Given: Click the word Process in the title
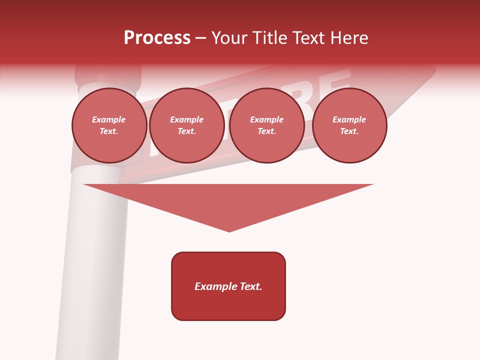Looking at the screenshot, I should click(x=157, y=37).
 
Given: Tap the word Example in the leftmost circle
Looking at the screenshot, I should click(x=109, y=119).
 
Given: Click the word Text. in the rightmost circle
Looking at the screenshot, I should click(x=349, y=131).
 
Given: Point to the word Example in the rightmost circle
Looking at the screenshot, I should click(x=349, y=119).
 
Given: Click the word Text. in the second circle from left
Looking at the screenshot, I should click(x=187, y=131).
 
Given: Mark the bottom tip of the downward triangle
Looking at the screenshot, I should click(x=229, y=230).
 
